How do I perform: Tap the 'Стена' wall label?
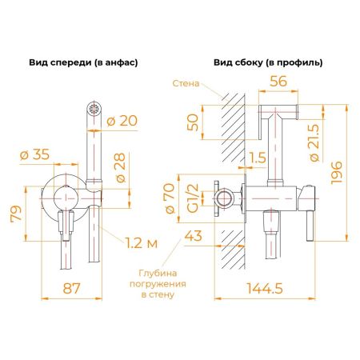click(x=186, y=82)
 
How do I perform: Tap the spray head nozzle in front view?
click(x=93, y=106)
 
